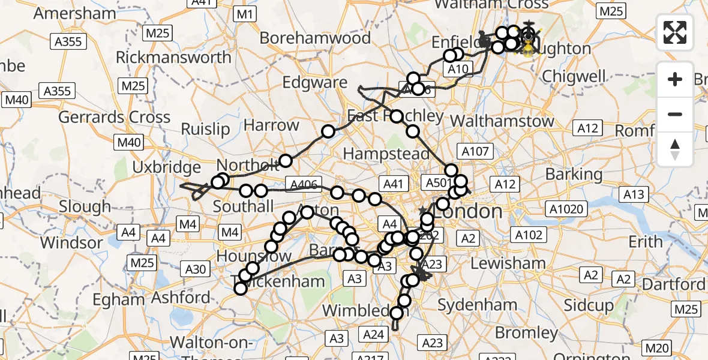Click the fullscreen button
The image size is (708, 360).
click(x=676, y=32)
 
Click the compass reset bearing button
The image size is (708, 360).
click(x=676, y=149)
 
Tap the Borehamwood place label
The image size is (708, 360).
click(x=315, y=38)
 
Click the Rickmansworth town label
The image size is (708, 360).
click(x=173, y=58)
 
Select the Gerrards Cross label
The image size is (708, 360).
click(x=114, y=117)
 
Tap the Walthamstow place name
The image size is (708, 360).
click(x=502, y=121)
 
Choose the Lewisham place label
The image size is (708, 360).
click(x=508, y=263)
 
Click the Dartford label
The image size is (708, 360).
click(x=680, y=284)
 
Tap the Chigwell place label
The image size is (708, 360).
click(x=573, y=76)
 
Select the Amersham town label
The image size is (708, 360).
click(x=75, y=13)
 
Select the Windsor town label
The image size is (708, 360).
click(x=71, y=243)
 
